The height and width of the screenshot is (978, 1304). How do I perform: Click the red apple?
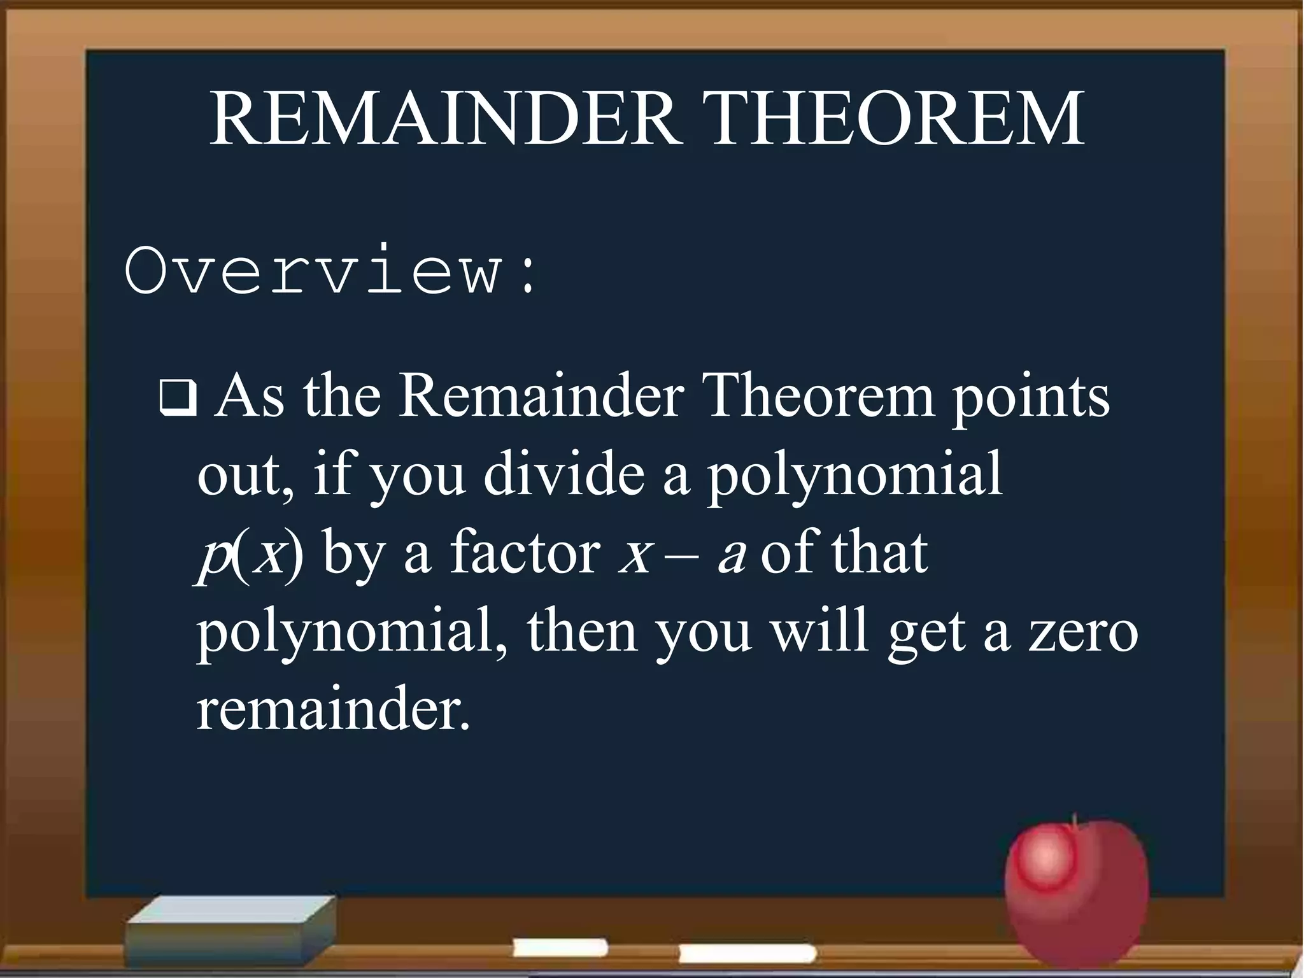click(1076, 891)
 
